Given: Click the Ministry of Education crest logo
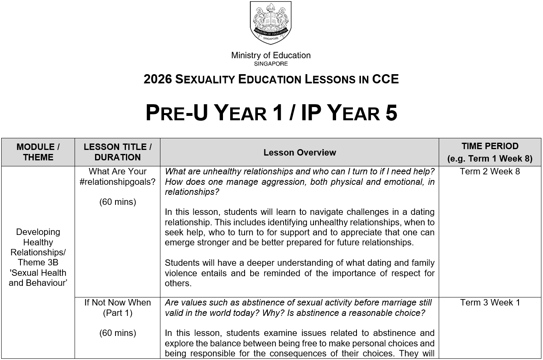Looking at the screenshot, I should pos(271,23).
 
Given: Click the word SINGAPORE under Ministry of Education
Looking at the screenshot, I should pos(271,63).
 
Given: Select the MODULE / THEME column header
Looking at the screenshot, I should pos(38,152).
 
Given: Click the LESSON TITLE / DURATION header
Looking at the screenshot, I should pos(118,152).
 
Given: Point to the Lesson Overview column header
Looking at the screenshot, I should pos(300,152).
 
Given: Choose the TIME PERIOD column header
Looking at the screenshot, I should pos(490,152).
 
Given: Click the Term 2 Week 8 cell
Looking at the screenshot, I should pos(490,172).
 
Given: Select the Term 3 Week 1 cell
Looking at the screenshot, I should pos(490,303).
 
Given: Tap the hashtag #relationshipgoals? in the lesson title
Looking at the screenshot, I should pos(118,182).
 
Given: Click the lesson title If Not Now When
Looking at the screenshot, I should pos(118,303).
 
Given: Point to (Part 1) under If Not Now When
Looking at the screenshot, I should pos(118,313).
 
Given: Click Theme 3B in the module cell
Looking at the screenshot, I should pos(38,263).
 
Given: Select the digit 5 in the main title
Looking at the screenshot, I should pos(391,113).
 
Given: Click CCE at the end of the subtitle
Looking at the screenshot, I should pos(385,79).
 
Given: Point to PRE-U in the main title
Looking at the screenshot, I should pos(176,113).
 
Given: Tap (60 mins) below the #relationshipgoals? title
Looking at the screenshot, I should pos(118,202).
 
